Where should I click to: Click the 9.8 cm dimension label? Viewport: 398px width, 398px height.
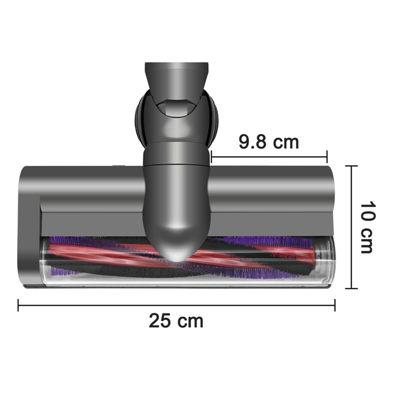(x=269, y=142)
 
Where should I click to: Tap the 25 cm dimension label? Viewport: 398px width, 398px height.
(x=176, y=321)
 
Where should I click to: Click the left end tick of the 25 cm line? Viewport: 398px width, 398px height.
(x=18, y=305)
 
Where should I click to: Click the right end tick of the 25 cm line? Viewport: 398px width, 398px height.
(x=335, y=305)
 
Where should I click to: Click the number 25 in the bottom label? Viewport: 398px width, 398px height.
(x=160, y=321)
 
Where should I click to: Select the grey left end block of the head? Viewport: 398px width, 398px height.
(x=30, y=232)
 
